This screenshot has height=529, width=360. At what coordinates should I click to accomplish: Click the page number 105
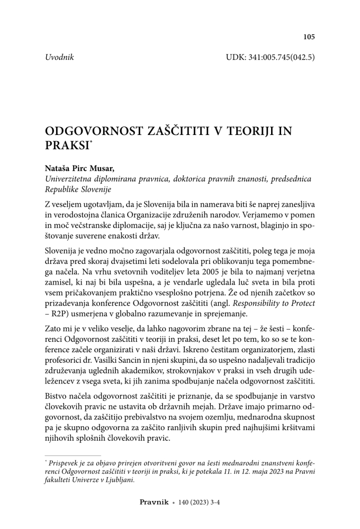(309, 37)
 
